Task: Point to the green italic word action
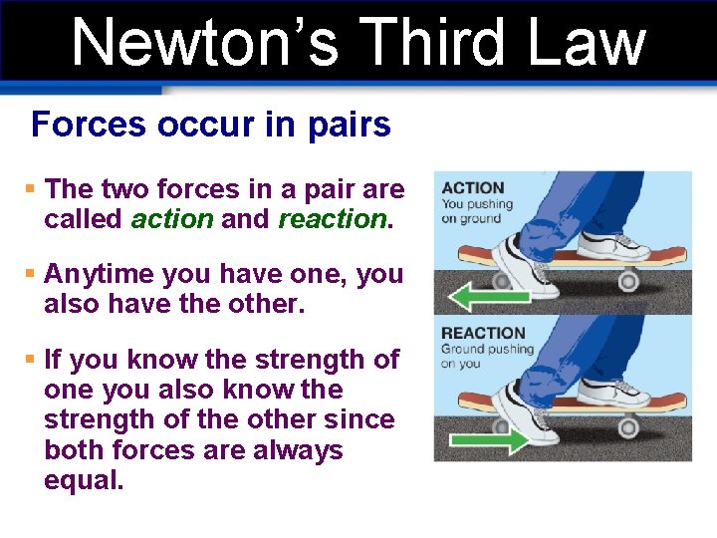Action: click(x=171, y=219)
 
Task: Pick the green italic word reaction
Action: click(x=331, y=219)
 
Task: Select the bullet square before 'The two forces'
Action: click(x=31, y=189)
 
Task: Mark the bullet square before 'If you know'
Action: click(x=31, y=359)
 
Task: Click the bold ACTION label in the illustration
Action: click(x=473, y=187)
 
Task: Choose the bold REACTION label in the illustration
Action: click(x=483, y=333)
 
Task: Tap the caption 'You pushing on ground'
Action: click(x=477, y=211)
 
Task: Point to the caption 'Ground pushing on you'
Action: click(x=488, y=357)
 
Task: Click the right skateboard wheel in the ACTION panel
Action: click(x=628, y=281)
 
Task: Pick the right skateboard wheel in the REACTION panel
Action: click(x=628, y=426)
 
